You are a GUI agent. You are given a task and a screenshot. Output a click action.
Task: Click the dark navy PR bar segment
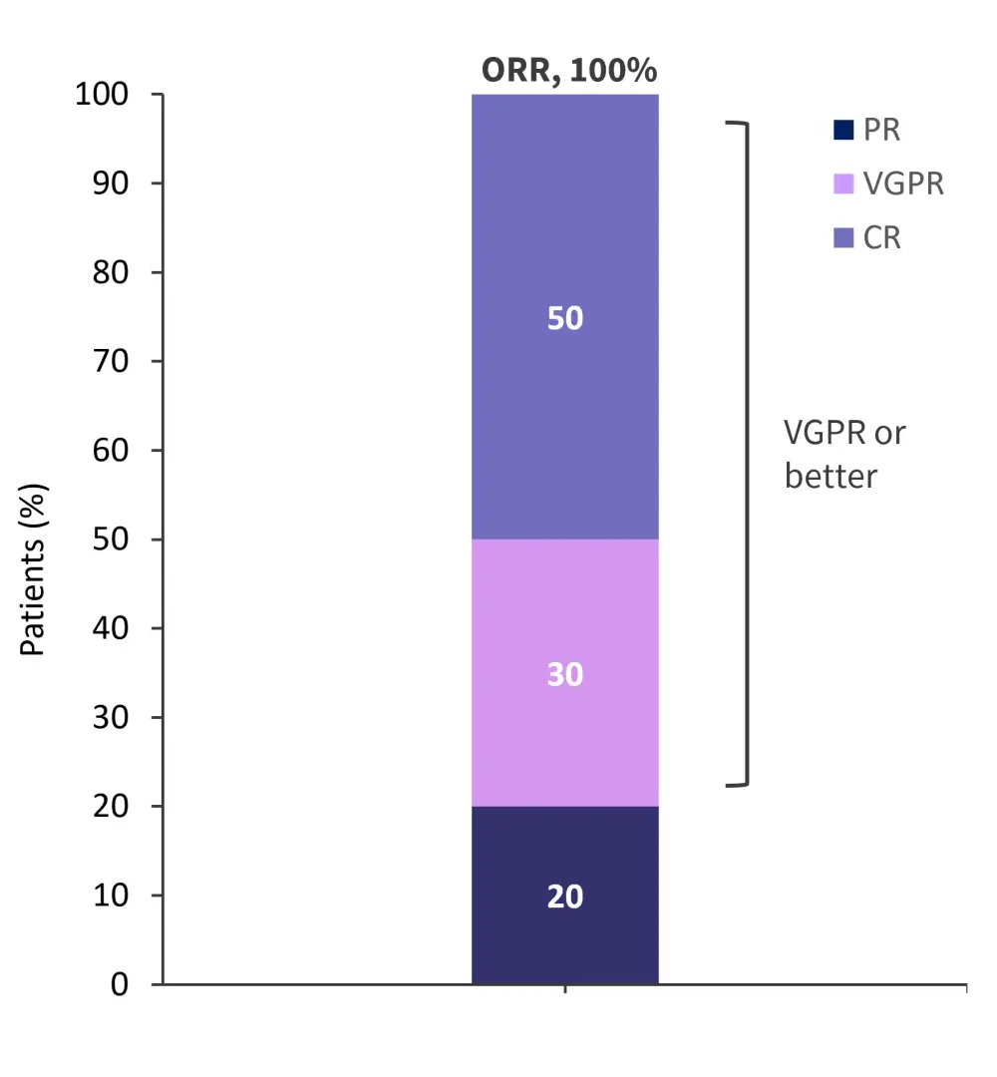pos(564,937)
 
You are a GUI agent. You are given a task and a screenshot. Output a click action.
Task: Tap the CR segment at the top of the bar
pos(564,199)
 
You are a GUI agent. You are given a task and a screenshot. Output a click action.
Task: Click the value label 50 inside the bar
pos(565,319)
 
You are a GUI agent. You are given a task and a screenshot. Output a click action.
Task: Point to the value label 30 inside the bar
pos(565,675)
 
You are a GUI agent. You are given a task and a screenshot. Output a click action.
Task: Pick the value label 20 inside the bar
pos(565,897)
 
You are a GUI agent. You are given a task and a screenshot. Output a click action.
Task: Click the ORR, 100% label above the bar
pos(569,71)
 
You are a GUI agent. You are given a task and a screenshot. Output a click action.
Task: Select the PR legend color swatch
pos(842,130)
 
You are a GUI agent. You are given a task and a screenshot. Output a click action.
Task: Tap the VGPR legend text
pos(903,184)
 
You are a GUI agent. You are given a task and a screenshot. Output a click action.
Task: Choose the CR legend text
pos(882,238)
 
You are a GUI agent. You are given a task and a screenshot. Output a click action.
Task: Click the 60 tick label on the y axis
pos(112,451)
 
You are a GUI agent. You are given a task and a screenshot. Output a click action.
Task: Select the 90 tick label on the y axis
pos(112,184)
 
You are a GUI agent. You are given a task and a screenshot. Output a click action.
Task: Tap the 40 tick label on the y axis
pos(112,629)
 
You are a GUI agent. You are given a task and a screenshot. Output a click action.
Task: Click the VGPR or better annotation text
pos(843,454)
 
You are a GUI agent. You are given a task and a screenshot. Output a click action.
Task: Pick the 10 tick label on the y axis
pos(112,897)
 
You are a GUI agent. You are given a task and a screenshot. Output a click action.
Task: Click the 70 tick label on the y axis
pos(112,362)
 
